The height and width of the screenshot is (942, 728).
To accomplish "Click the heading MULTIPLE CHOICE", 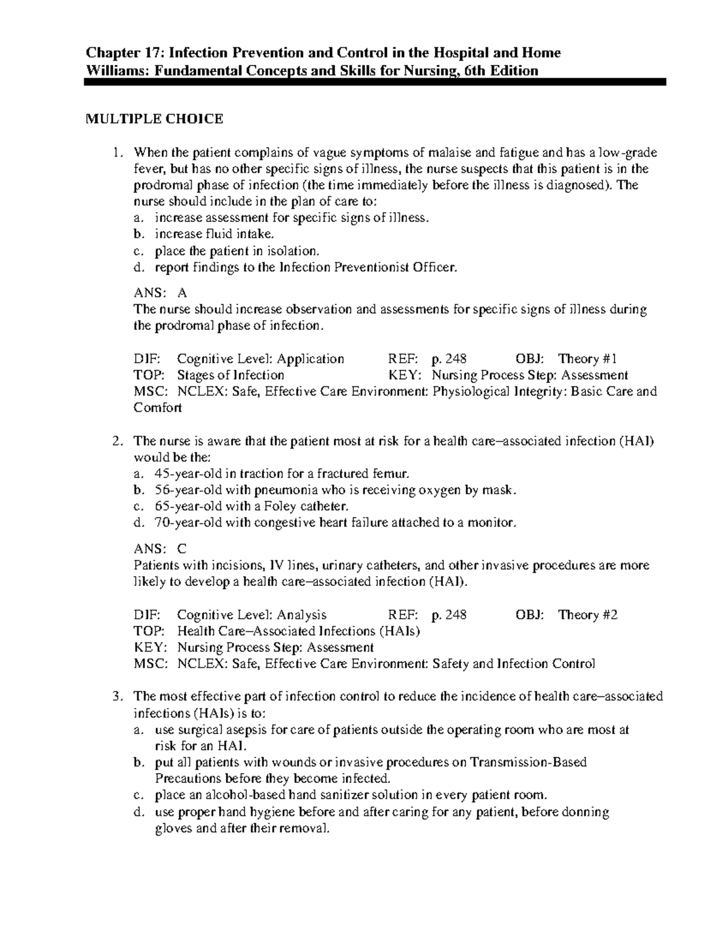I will click(153, 119).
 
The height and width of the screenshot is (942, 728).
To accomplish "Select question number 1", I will click(118, 152).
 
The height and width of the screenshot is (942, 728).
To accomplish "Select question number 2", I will click(118, 441).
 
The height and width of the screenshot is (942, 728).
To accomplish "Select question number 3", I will click(118, 696).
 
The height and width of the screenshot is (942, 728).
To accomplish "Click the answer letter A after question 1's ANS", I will click(182, 293).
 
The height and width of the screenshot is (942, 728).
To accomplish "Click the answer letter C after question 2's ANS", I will click(182, 549).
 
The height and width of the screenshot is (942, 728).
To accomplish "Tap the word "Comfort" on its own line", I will click(157, 408).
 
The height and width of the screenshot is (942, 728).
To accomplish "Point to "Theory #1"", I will click(588, 358).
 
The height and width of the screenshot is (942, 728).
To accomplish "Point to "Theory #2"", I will click(588, 614).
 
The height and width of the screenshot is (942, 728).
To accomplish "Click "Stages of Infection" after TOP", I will click(231, 375).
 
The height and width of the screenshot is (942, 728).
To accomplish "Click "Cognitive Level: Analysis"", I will click(252, 614).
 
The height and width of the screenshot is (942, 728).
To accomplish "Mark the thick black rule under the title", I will click(375, 82).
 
